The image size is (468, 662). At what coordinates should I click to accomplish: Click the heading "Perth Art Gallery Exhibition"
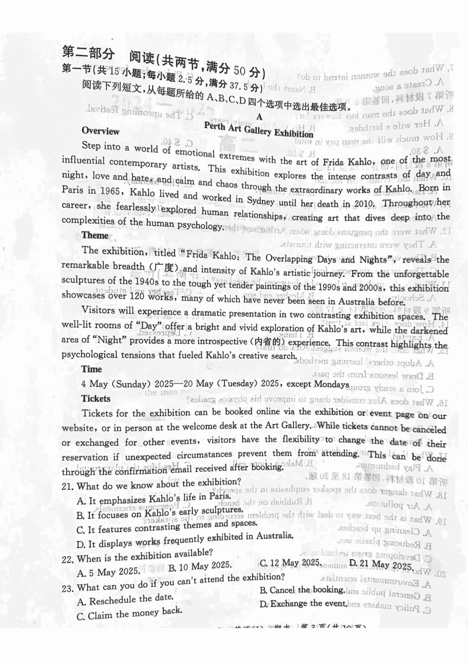coord(259,129)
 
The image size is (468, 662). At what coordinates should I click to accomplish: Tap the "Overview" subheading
coord(101,131)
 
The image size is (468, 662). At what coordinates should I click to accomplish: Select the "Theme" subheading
coord(95,236)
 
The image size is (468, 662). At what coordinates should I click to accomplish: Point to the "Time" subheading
coord(92,369)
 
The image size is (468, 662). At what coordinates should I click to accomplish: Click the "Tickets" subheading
coord(96,398)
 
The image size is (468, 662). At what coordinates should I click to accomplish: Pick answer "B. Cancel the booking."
coord(302,590)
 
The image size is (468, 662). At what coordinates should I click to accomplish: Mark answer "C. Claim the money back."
coord(129,613)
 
